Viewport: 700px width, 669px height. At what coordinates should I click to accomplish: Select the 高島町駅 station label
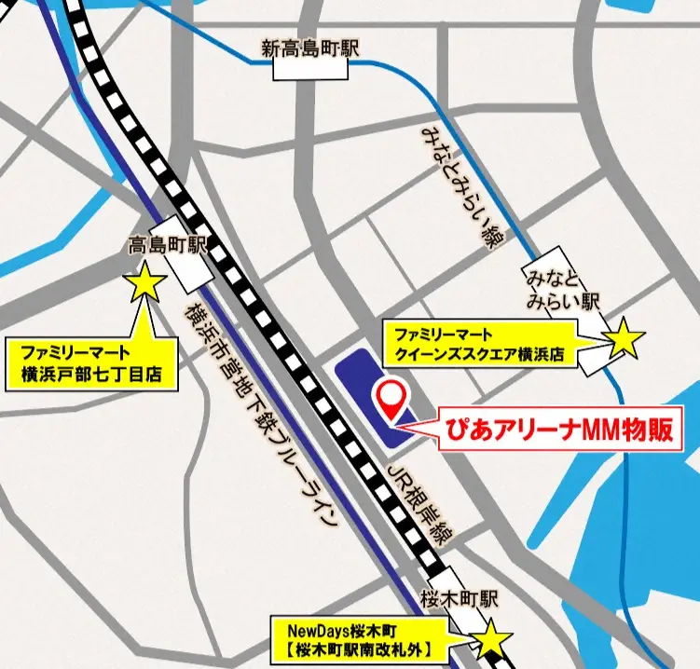(x=167, y=246)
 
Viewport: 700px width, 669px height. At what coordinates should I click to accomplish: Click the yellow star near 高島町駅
(x=147, y=281)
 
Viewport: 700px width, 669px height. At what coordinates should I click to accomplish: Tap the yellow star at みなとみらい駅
(x=623, y=341)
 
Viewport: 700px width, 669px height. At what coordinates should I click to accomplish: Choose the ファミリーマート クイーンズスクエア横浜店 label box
(x=481, y=343)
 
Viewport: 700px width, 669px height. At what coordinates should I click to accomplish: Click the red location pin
(x=391, y=398)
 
